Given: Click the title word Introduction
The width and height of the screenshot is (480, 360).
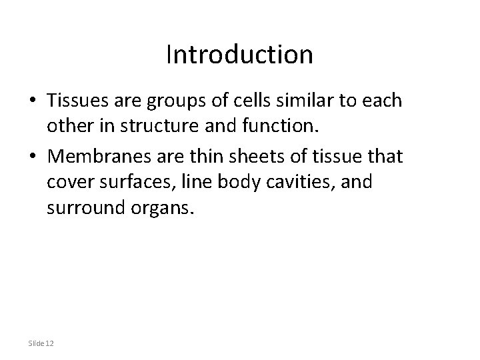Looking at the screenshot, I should (239, 55).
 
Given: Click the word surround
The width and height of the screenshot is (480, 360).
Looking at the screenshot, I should (85, 210).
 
